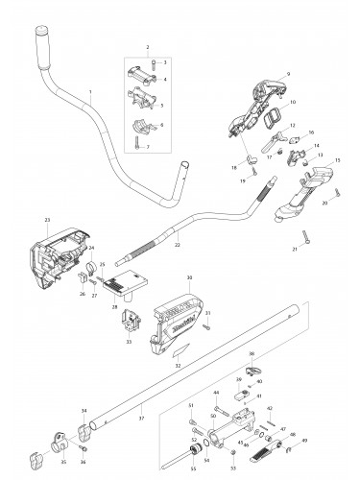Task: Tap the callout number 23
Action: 46,220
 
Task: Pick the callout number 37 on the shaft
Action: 141,419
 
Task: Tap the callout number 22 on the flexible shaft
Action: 177,246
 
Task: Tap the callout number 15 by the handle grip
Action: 337,160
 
